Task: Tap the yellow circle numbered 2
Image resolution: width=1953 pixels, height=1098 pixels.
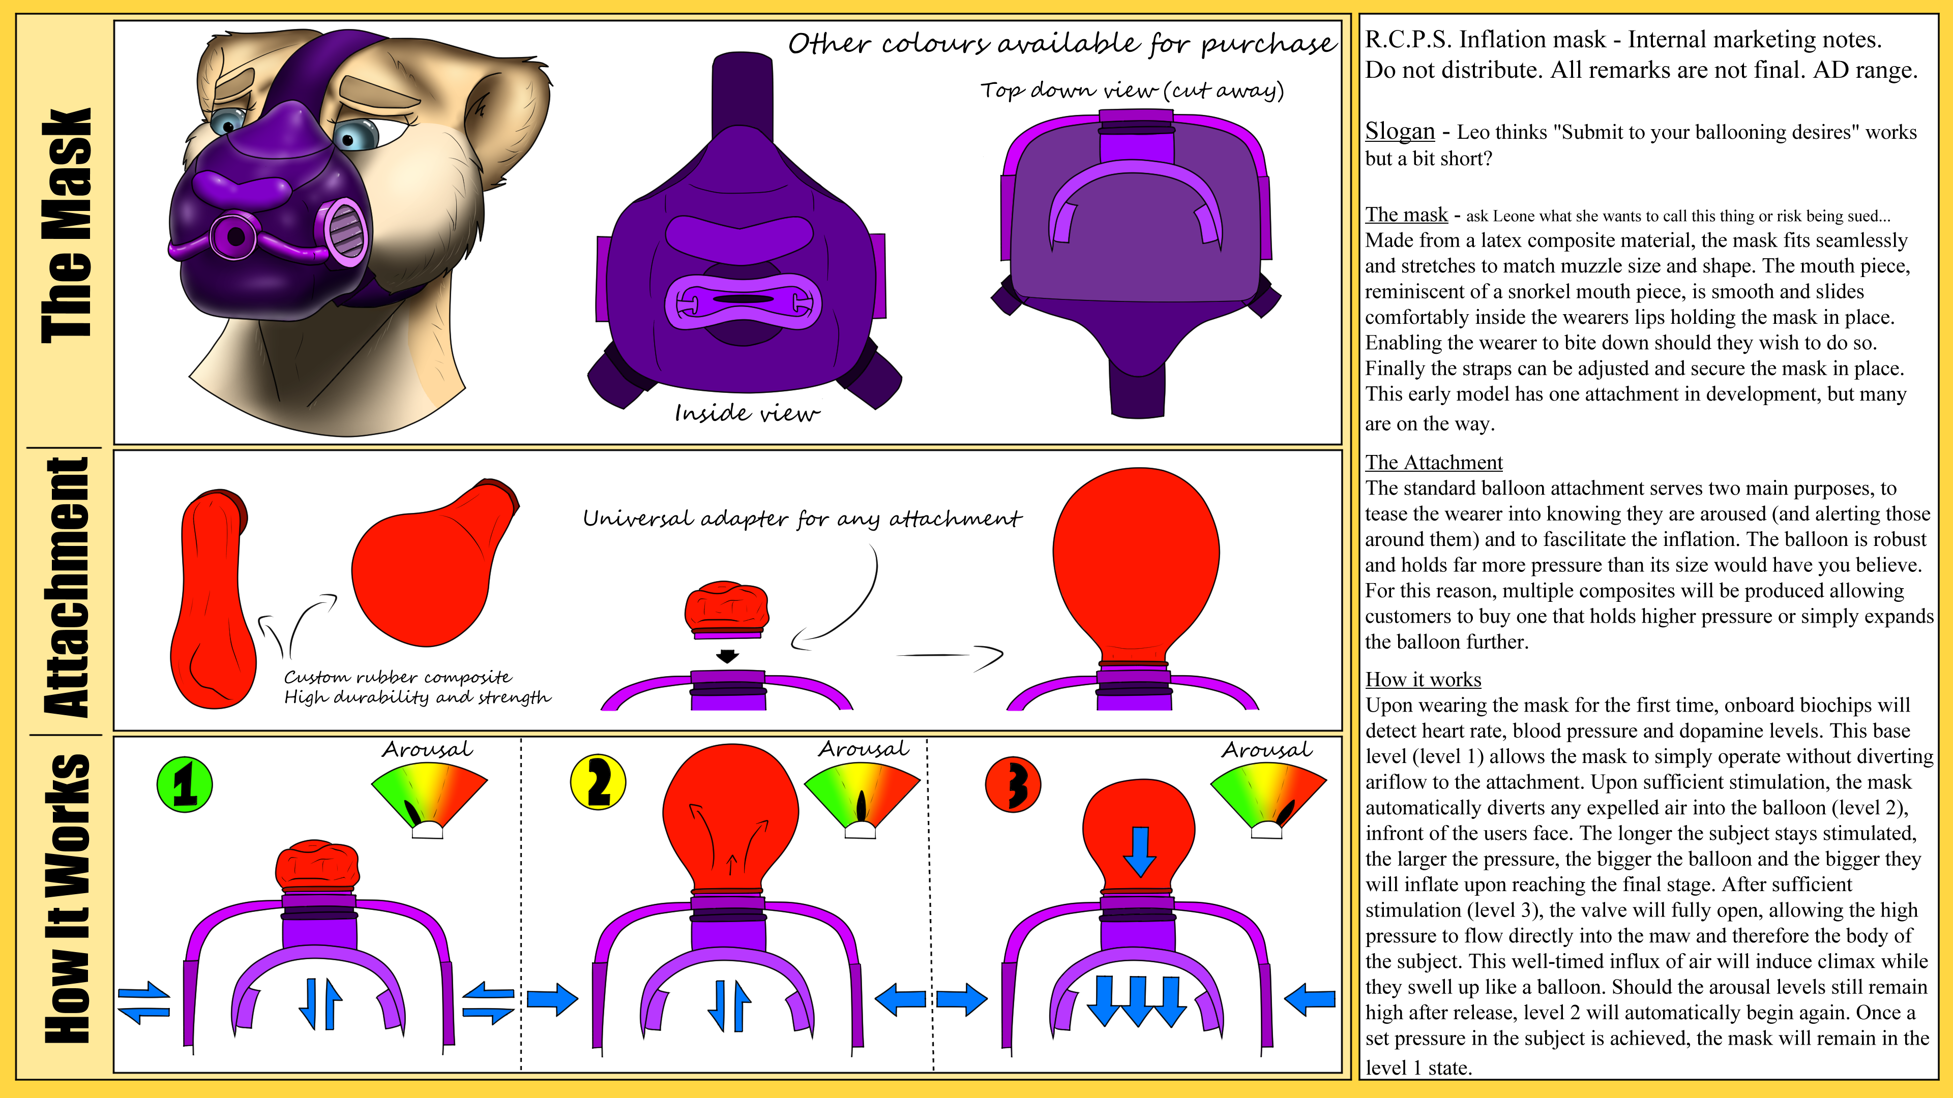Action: click(598, 783)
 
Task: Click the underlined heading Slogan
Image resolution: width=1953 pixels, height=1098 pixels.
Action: click(1400, 131)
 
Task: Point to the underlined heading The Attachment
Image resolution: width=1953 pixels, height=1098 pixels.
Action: click(1434, 462)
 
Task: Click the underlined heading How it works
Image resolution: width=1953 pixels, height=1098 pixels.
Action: click(1423, 680)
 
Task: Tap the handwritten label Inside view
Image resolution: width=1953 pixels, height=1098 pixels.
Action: click(747, 413)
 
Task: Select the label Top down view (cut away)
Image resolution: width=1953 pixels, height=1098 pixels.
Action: click(1132, 90)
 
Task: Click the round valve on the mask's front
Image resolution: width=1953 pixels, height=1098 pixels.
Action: click(234, 236)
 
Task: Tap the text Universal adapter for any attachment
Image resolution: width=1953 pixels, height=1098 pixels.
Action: click(802, 519)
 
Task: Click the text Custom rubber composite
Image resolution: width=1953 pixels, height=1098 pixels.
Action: click(398, 677)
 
